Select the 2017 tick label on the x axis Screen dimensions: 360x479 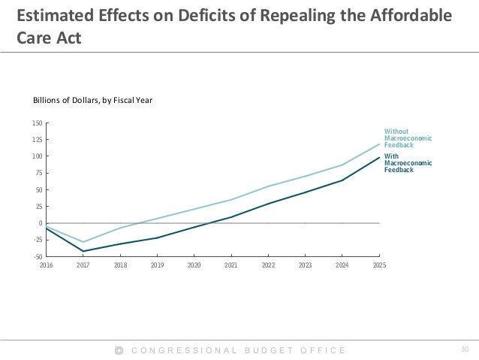coord(83,265)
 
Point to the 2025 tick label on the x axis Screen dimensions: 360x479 coord(379,265)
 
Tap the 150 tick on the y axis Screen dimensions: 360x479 coord(38,123)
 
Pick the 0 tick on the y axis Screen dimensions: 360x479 coord(41,223)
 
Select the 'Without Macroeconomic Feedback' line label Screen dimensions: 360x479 coord(408,138)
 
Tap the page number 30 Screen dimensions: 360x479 coord(463,349)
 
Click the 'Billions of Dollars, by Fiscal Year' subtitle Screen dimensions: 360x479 coord(92,99)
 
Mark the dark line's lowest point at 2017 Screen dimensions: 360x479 coord(83,251)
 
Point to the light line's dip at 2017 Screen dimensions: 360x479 coord(83,242)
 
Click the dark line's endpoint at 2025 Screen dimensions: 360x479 coord(379,157)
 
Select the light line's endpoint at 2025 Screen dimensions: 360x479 coord(379,144)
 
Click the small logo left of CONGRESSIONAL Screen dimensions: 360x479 coord(118,350)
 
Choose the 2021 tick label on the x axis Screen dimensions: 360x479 coord(231,265)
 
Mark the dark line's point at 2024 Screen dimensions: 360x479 coord(342,180)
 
